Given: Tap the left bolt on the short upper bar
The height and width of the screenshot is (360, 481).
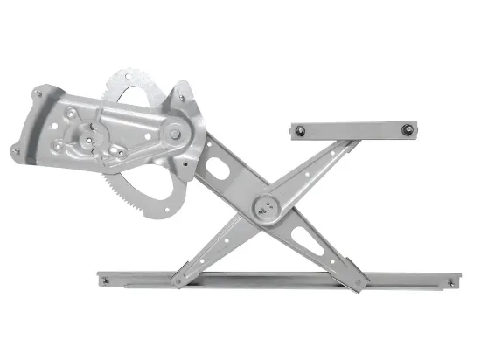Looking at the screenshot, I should coord(300,131).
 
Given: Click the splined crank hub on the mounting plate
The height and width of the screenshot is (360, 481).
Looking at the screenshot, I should coord(89,138).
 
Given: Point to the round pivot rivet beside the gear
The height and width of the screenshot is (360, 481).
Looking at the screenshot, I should coord(175,133).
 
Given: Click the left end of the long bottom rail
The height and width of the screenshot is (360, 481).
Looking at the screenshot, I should coord(103,281).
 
